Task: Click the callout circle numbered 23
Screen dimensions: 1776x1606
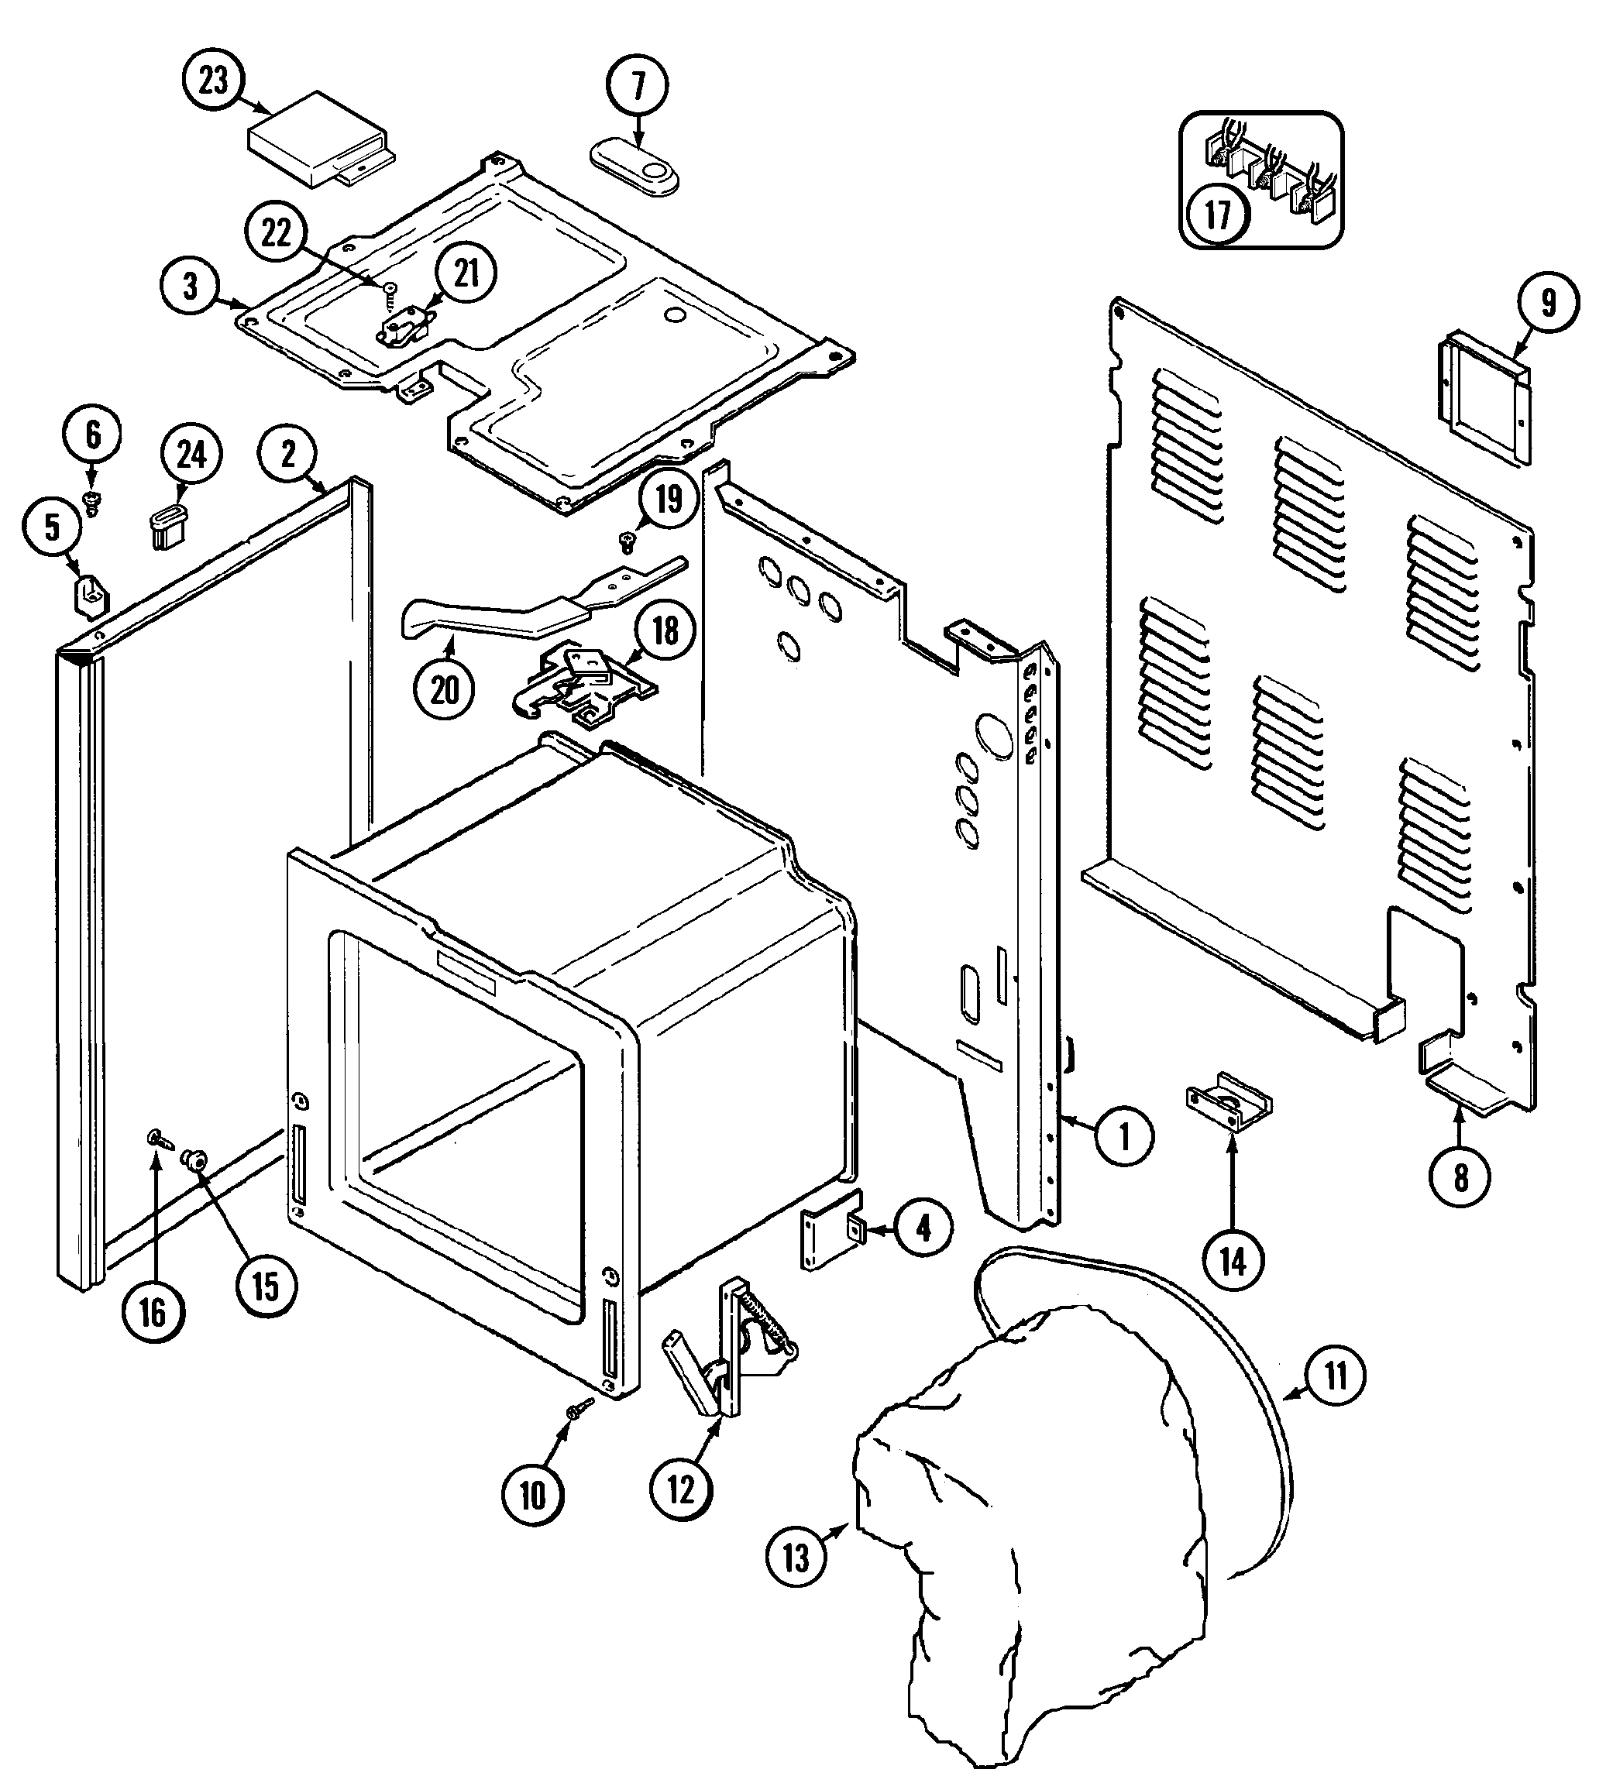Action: [x=213, y=81]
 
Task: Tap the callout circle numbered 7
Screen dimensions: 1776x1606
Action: [x=638, y=86]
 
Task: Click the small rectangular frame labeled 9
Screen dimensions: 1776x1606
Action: [x=1485, y=398]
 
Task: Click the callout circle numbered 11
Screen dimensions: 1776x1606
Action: [x=1336, y=1375]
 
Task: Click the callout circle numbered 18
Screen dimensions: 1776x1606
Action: [x=665, y=630]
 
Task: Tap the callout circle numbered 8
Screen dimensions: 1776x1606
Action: [x=1460, y=1176]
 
